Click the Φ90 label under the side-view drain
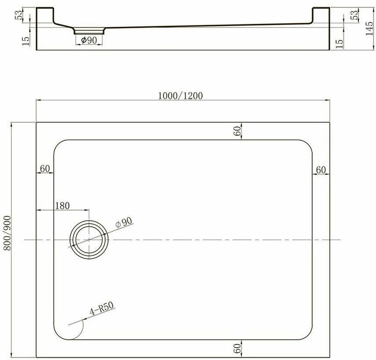(x=89, y=40)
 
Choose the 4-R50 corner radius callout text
(x=101, y=308)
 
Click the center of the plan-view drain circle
(x=89, y=239)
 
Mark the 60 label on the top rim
(x=238, y=131)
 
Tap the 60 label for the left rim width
(x=44, y=168)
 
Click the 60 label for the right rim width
(x=321, y=170)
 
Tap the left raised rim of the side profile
(x=44, y=15)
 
